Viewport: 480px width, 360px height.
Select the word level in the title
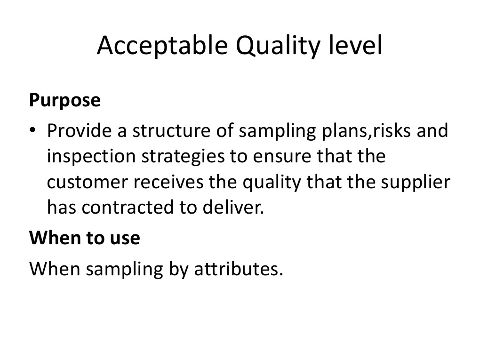click(359, 45)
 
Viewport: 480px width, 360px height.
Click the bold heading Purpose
click(65, 101)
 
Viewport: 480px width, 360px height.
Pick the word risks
click(392, 131)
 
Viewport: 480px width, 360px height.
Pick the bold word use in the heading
click(126, 238)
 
